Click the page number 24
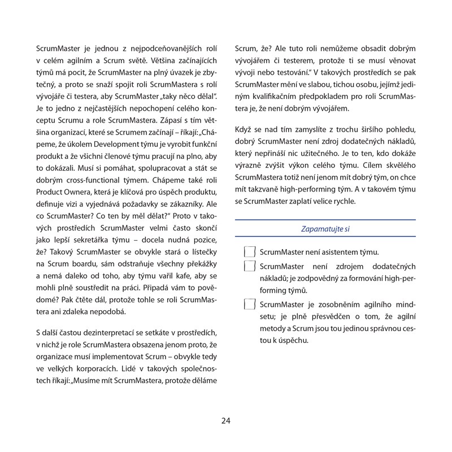click(x=226, y=420)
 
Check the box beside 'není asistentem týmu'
click(x=249, y=251)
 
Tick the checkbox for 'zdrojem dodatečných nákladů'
click(x=249, y=266)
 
